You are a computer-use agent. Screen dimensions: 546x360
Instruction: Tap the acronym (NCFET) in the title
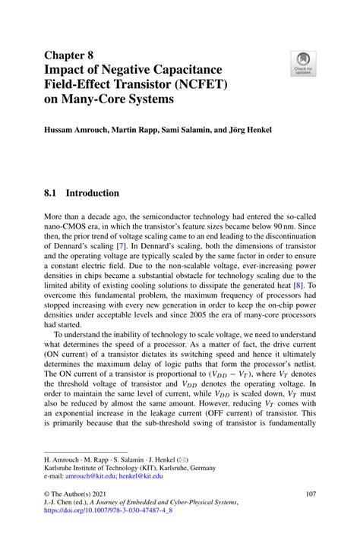tap(193, 84)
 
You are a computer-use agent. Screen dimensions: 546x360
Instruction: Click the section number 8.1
tap(51, 193)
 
